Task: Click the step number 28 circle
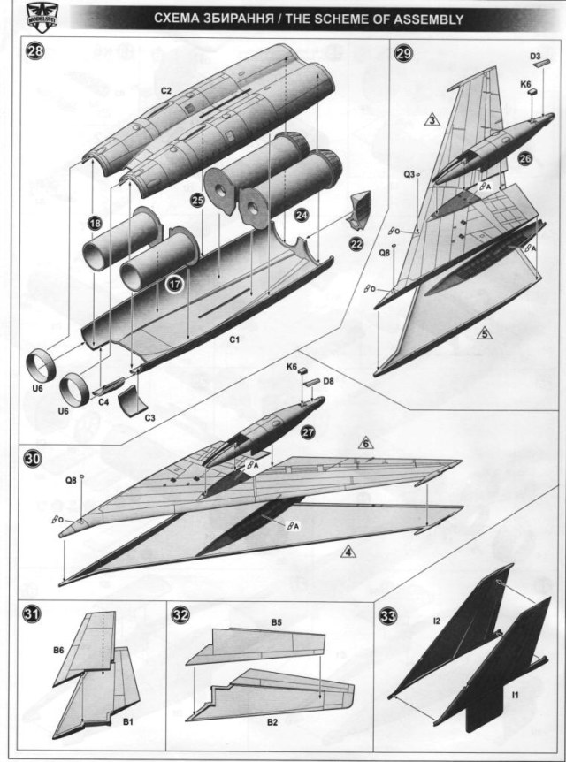[35, 50]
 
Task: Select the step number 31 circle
[32, 616]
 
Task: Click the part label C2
[165, 89]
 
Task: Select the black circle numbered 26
[524, 159]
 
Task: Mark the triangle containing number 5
[483, 333]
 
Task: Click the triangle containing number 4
[349, 553]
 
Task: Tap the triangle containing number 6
[364, 442]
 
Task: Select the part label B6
[58, 650]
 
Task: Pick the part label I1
[515, 696]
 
